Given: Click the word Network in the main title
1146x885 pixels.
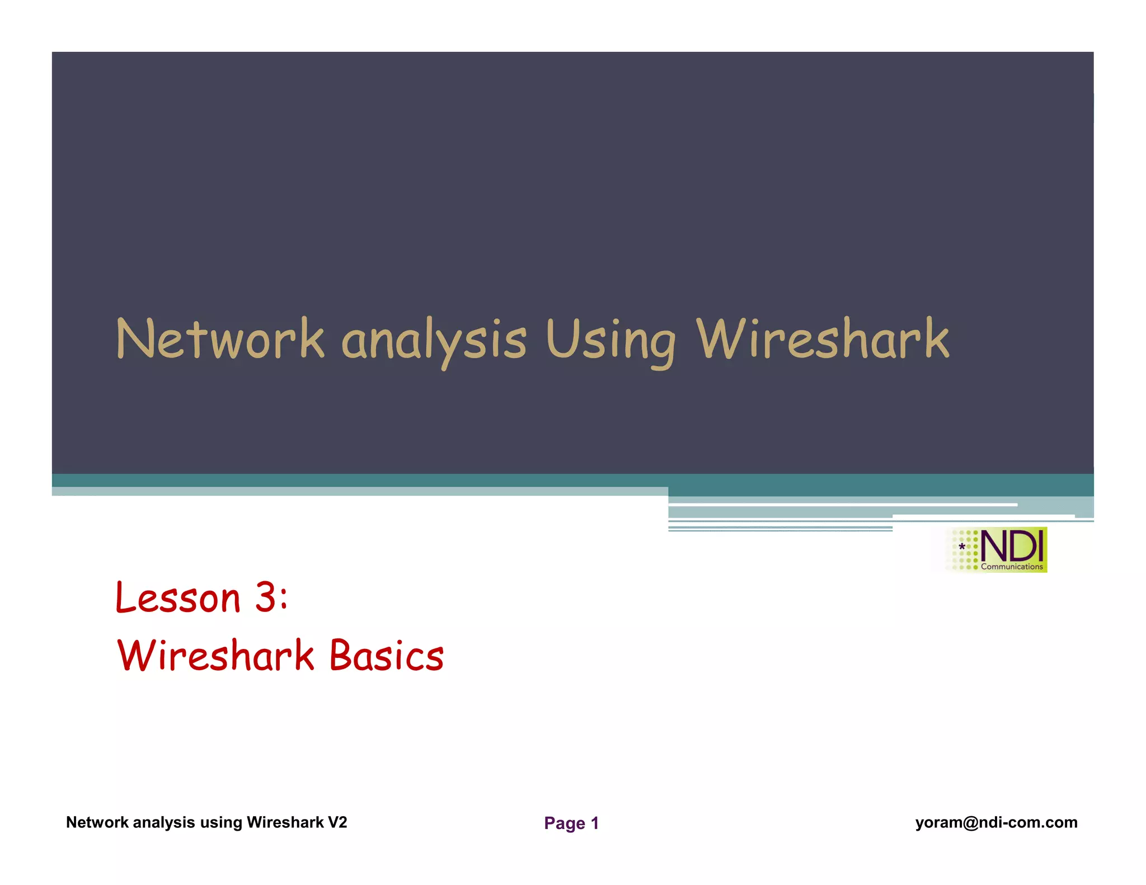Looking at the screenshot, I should pos(219,339).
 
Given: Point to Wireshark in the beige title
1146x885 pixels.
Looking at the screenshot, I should pos(823,339).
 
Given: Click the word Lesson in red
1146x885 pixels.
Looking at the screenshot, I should pos(177,597).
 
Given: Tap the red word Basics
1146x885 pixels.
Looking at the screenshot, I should pos(386,655).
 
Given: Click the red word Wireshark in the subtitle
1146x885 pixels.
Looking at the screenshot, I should pos(215,655).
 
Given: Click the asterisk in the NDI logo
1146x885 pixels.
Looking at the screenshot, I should pos(962,547).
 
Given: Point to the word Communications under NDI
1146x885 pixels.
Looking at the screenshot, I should pos(1012,567).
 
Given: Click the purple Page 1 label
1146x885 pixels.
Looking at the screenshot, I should pos(571,823).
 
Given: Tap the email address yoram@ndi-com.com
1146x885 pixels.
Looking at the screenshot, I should pos(996,822).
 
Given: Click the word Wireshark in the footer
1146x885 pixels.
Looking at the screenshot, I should pos(285,822).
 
